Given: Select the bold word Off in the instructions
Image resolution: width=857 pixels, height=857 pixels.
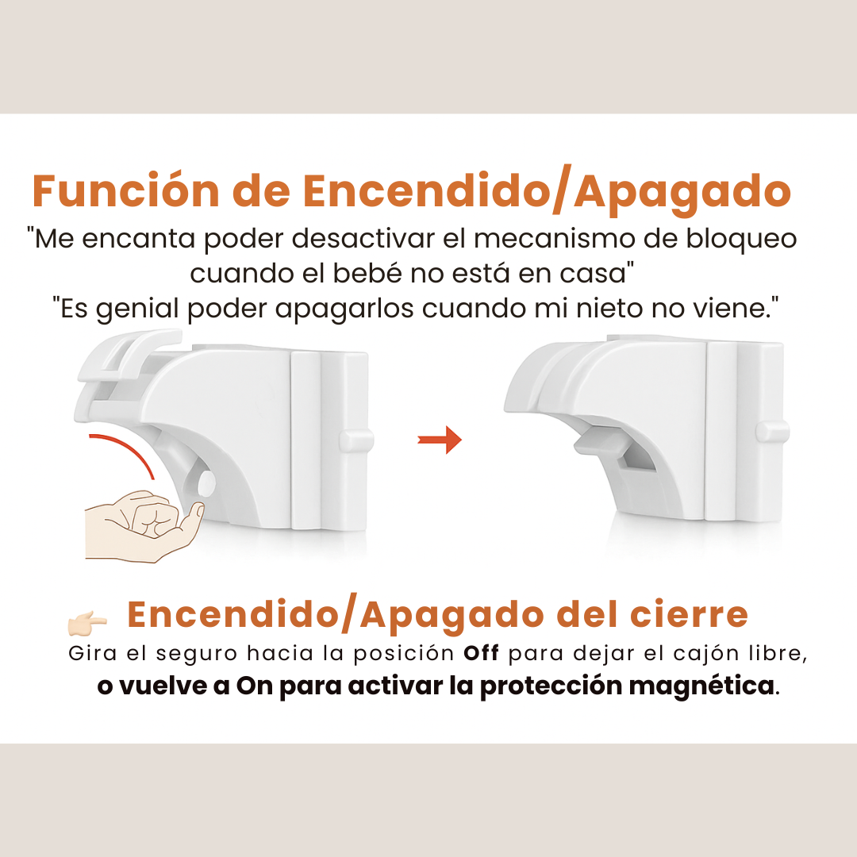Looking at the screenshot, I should point(482,655).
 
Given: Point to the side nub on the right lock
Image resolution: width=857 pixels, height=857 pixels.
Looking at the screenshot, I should point(772,431).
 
